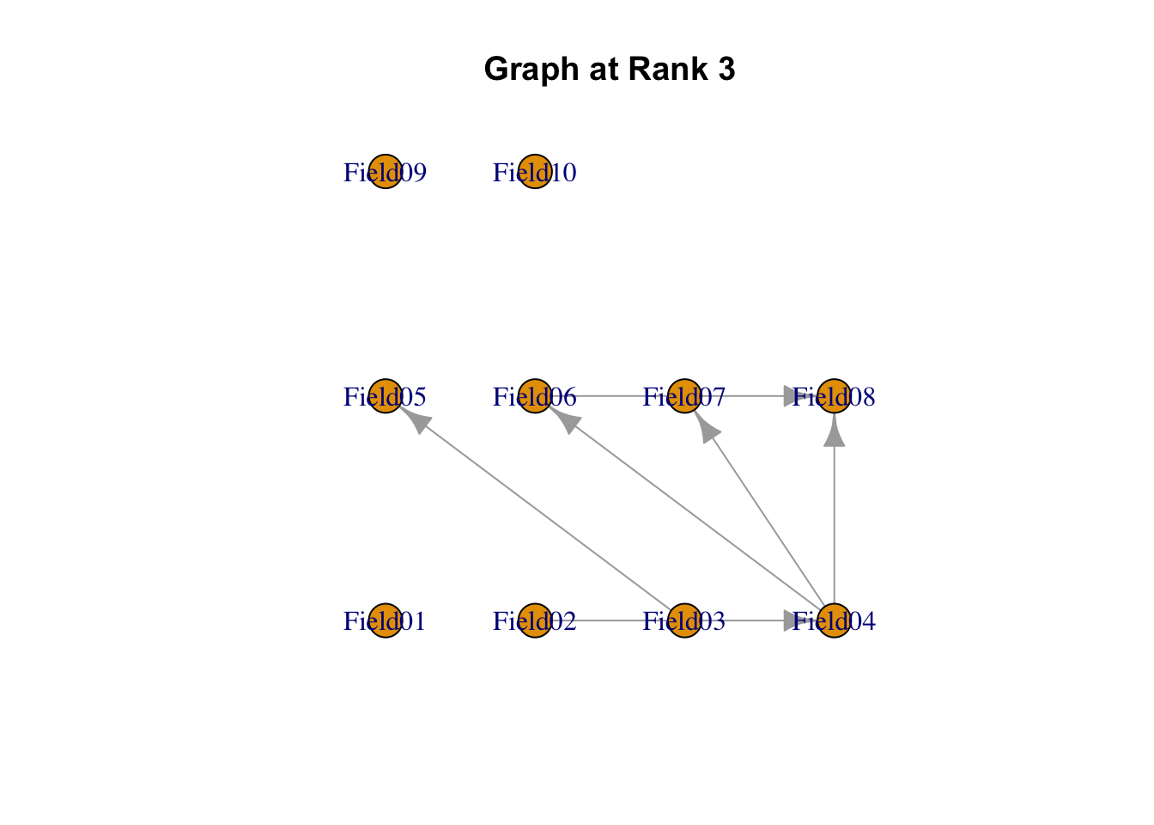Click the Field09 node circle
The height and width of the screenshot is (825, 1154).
click(x=385, y=172)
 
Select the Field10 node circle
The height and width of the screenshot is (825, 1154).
click(x=534, y=172)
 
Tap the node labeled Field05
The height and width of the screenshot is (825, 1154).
click(x=385, y=396)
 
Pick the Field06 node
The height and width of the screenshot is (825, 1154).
click(x=534, y=396)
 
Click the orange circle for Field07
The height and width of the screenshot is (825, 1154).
click(x=684, y=396)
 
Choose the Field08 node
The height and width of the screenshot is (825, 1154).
click(x=834, y=396)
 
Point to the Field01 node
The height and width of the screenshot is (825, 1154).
click(x=385, y=620)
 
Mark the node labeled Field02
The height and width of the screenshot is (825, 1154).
click(x=534, y=620)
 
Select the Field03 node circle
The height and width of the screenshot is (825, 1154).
click(x=684, y=620)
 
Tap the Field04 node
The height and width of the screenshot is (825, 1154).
click(x=834, y=620)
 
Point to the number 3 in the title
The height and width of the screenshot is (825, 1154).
click(x=726, y=70)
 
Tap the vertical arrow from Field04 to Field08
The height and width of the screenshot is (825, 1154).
click(x=834, y=516)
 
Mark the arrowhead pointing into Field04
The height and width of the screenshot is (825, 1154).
click(x=795, y=620)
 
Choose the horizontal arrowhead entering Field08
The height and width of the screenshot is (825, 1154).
click(x=795, y=396)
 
